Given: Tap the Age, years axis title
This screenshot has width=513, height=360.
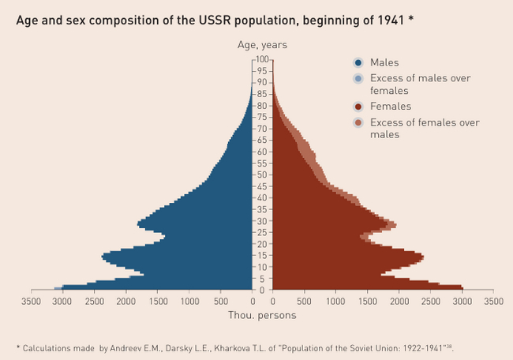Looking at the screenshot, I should point(262,45).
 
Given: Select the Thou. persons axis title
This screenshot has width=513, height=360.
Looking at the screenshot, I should point(262,316).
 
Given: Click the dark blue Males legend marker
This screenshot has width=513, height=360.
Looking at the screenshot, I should point(358,62).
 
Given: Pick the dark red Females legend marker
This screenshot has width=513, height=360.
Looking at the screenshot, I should point(358,107).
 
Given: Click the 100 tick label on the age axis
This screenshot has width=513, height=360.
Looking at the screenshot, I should point(262,60).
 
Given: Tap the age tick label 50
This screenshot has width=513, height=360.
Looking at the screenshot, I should point(262,175).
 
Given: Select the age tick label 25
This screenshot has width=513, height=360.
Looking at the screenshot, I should point(262,233).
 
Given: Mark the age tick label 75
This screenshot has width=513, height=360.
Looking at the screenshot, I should point(262,118).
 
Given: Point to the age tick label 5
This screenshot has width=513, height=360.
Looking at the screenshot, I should point(262,279).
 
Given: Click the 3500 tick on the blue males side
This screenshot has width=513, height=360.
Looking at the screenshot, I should point(31,302).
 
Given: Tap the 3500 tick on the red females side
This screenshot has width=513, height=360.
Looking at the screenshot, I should point(493,302).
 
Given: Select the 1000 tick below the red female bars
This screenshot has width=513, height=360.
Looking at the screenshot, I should point(336,302).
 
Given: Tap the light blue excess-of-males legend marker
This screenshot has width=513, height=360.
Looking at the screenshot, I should point(358,79).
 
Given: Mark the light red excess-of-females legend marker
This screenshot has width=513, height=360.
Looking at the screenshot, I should point(358,123).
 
